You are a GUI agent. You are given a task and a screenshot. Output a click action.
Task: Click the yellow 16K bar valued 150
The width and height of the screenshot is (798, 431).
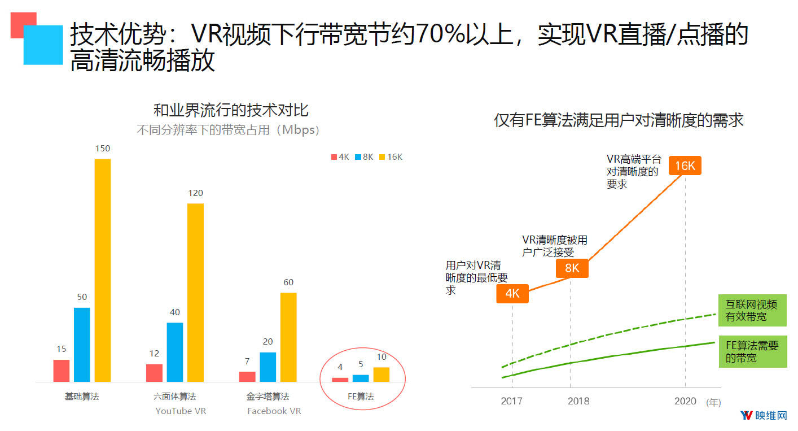point(102,270)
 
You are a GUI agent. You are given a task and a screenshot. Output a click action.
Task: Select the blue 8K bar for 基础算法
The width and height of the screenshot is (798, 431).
point(82,345)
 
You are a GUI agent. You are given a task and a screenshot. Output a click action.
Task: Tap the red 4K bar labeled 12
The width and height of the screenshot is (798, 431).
point(154,373)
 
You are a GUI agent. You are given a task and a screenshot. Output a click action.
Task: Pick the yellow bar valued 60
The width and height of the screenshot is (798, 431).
point(288,337)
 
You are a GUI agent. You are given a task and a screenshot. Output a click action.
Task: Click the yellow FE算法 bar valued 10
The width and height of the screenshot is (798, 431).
point(382,375)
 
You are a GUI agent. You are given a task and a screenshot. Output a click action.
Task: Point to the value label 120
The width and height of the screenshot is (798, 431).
point(195,193)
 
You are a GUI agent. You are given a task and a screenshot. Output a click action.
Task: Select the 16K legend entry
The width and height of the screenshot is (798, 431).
point(391,157)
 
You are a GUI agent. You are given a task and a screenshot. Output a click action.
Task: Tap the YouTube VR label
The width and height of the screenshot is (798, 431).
point(181,411)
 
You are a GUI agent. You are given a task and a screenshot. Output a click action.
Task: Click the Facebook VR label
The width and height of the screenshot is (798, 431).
point(274,411)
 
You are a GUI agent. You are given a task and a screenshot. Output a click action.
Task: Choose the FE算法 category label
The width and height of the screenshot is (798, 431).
point(361,397)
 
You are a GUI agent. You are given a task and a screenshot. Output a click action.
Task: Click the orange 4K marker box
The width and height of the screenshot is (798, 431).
point(512,294)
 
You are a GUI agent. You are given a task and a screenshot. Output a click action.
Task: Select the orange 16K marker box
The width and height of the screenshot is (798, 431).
point(685,166)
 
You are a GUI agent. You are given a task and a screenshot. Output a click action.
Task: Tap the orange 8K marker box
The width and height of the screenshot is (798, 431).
point(572,268)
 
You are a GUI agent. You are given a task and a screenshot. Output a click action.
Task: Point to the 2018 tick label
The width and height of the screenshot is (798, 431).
point(578,401)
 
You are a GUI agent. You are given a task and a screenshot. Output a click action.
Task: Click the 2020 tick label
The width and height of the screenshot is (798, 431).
point(686,401)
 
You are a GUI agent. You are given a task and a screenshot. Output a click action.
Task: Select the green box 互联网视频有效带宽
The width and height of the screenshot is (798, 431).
point(752,311)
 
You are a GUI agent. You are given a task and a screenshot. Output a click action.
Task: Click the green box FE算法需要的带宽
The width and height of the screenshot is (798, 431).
point(752,352)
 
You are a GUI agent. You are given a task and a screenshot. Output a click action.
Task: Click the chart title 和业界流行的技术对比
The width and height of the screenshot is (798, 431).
point(231,110)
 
